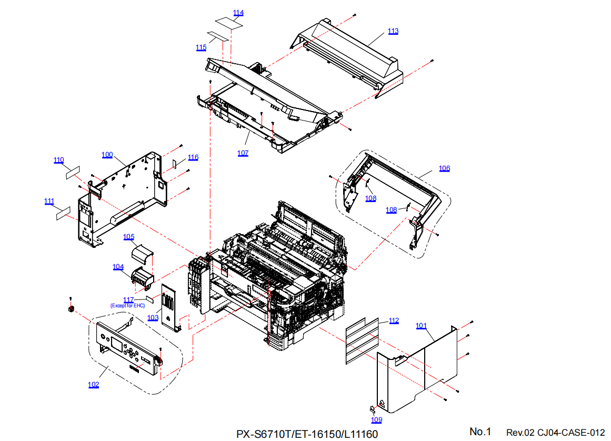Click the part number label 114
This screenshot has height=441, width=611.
point(238,13)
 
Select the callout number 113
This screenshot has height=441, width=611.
point(393,31)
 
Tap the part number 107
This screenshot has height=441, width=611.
point(243,153)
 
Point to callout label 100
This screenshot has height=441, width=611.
point(107,155)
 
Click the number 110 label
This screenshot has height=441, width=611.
point(58,160)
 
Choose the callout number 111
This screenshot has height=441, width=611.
point(49,201)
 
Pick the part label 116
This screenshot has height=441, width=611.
point(193,157)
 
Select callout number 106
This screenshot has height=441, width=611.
point(445,168)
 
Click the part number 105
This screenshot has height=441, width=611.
point(129,237)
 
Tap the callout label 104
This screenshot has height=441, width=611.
point(118,267)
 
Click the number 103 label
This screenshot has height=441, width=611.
point(153,318)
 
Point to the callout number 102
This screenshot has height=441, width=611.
point(93,385)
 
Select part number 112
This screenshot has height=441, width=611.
point(394,320)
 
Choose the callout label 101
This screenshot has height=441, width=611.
point(421,326)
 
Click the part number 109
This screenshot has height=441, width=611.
point(376,420)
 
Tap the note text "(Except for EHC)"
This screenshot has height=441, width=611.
point(127,306)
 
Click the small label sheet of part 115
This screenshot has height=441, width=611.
point(218,36)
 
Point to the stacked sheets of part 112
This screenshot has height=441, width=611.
point(362,340)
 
